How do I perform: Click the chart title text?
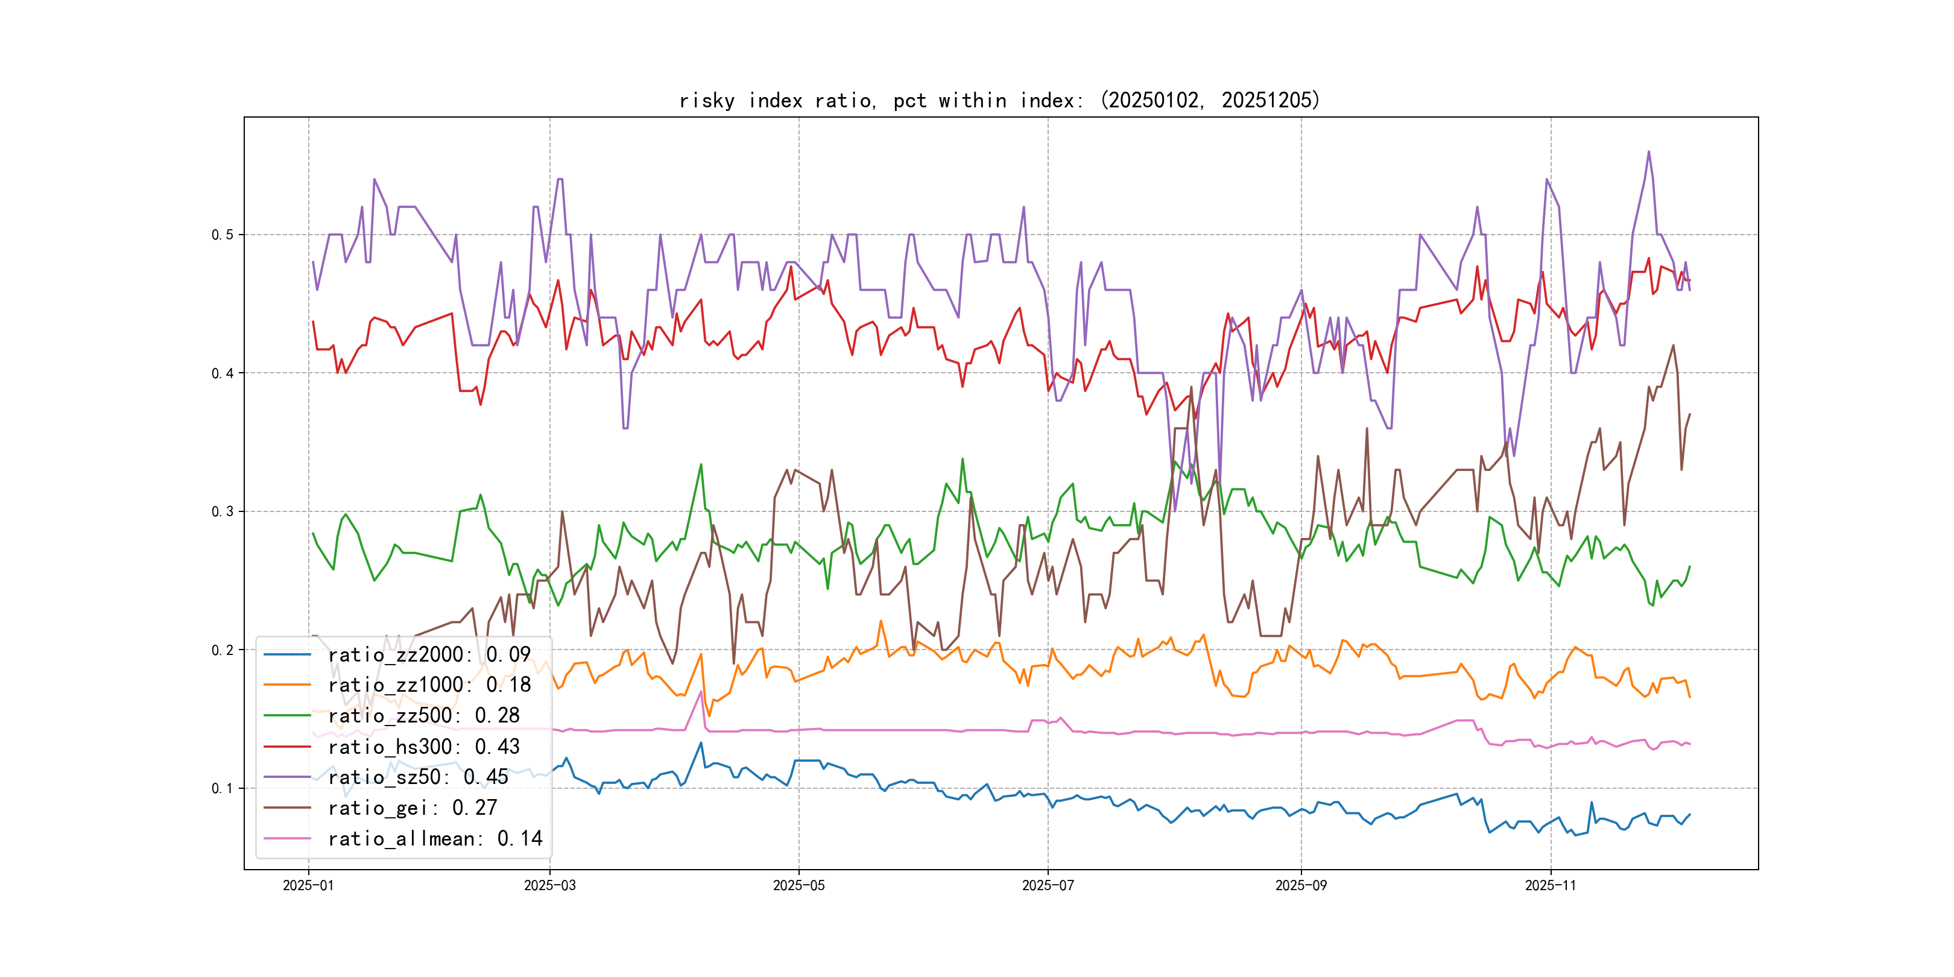coord(999,100)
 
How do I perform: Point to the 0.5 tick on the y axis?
coord(223,235)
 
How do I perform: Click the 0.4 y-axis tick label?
coord(223,373)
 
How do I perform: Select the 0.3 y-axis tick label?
coord(223,511)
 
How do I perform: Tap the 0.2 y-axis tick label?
coord(223,650)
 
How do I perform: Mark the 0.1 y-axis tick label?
coord(223,788)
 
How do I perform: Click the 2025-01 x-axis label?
coord(308,886)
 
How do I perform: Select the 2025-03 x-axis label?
coord(550,886)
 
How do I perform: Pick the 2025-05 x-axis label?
coord(798,886)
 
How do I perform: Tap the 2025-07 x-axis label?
coord(1048,886)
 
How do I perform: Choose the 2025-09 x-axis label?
coord(1301,886)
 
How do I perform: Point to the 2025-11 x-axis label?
coord(1551,886)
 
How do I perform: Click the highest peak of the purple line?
coord(1648,152)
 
